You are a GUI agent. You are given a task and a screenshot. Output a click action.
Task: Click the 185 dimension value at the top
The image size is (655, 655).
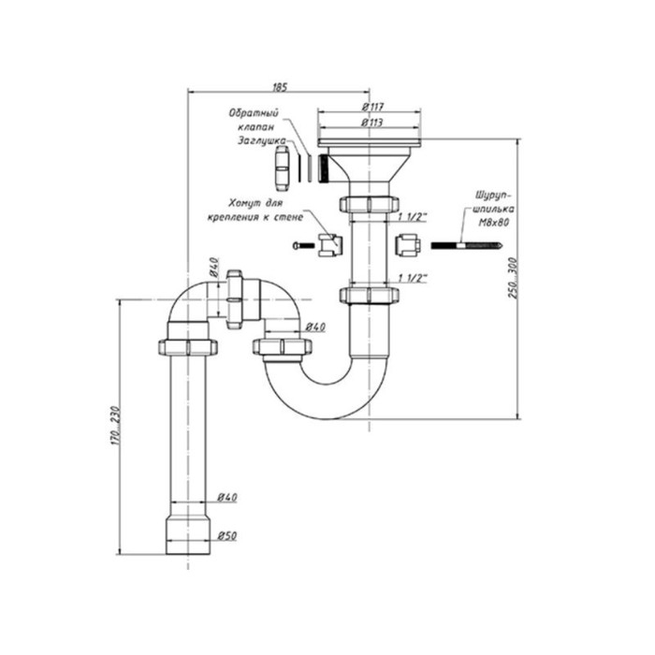[280, 87]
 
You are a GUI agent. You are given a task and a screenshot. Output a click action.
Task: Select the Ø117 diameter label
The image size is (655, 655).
[371, 109]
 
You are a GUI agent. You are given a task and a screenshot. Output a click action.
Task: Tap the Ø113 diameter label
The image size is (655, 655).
[371, 123]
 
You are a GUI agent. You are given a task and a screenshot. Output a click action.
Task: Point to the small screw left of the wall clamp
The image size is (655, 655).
[298, 245]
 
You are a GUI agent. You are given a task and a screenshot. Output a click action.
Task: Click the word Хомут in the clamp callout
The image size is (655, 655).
[246, 202]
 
